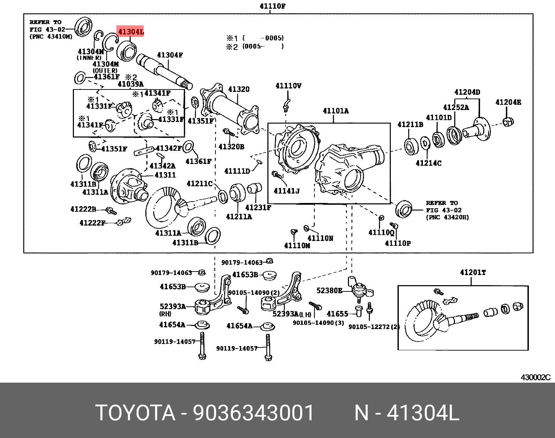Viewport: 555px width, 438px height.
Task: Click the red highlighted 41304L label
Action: tap(131, 32)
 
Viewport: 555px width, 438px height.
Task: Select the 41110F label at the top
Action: tap(273, 6)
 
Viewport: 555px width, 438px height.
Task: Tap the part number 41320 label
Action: tap(239, 89)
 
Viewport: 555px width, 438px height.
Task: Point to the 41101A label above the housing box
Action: tap(335, 111)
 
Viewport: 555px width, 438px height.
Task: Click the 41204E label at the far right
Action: tap(508, 102)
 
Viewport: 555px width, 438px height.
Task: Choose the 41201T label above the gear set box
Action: tap(473, 273)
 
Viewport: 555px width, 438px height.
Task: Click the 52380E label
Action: tap(329, 290)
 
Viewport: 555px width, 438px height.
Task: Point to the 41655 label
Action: tap(337, 314)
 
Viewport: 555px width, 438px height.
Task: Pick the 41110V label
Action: tap(288, 86)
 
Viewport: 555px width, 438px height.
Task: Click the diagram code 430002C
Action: tap(535, 377)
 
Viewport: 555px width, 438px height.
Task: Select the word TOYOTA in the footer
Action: tap(135, 413)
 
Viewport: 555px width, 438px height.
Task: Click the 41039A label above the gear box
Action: tap(130, 84)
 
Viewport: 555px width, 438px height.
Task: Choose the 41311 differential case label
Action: tap(165, 175)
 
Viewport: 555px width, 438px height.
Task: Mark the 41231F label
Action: tap(258, 208)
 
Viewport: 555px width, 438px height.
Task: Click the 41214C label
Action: tap(428, 163)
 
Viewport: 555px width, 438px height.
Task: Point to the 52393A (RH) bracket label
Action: tap(173, 306)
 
